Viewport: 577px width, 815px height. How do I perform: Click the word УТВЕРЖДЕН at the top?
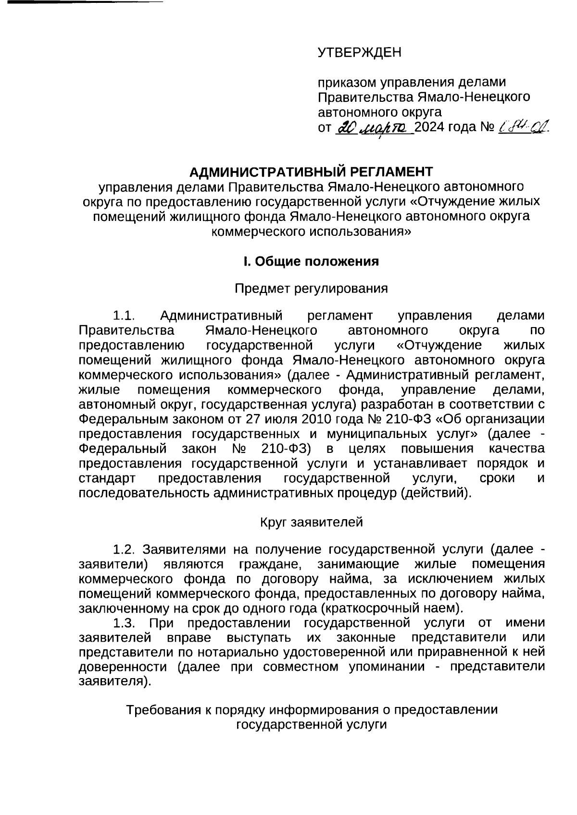(359, 52)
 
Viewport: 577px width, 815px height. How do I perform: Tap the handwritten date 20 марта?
(373, 127)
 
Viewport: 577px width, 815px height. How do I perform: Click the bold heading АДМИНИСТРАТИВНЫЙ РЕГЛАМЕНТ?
(311, 171)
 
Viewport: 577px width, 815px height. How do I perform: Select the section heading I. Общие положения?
(311, 262)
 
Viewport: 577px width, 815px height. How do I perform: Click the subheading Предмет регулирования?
(311, 289)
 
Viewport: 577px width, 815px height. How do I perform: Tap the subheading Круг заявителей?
(311, 522)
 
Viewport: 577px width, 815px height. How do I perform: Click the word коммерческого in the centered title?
(252, 231)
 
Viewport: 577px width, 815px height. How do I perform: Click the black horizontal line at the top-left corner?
(82, 2)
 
